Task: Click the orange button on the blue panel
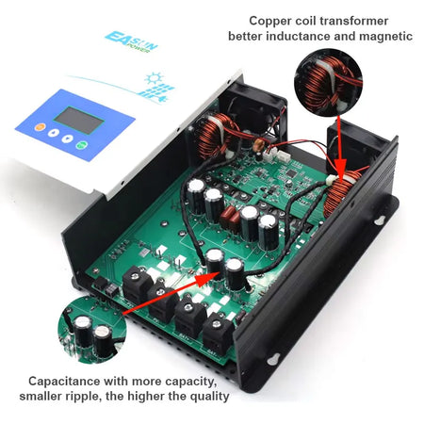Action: pyautogui.click(x=40, y=127)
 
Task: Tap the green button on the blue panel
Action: pyautogui.click(x=82, y=145)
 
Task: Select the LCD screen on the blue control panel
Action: pyautogui.click(x=78, y=120)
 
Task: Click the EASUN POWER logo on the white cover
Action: pyautogui.click(x=131, y=41)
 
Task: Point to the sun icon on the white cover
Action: pyautogui.click(x=155, y=78)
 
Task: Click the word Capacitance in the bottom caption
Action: pyautogui.click(x=64, y=381)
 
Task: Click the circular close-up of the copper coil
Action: pyautogui.click(x=328, y=83)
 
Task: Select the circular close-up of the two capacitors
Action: pyautogui.click(x=92, y=330)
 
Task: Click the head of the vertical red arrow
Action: pyautogui.click(x=340, y=171)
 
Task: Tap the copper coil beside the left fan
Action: pyautogui.click(x=212, y=136)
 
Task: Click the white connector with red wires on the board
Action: pyautogui.click(x=269, y=155)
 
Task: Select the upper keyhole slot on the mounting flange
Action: pyautogui.click(x=381, y=220)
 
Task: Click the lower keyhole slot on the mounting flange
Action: pyautogui.click(x=273, y=359)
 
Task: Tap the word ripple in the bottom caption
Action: pyautogui.click(x=83, y=397)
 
